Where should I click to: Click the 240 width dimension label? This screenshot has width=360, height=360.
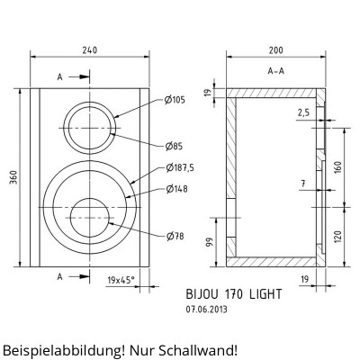(x=90, y=49)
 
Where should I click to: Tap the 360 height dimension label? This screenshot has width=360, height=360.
(x=14, y=177)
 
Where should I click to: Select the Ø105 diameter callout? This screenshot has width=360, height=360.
(x=175, y=100)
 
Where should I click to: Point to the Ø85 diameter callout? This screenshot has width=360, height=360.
(x=174, y=147)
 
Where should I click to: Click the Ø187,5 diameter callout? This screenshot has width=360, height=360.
(x=180, y=167)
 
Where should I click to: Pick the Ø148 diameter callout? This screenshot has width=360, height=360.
(x=176, y=189)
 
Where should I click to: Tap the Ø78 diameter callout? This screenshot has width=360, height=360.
(x=175, y=237)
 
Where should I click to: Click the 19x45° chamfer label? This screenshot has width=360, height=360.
(x=121, y=280)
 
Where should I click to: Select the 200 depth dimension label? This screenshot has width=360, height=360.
(x=275, y=50)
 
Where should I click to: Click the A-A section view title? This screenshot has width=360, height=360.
(x=275, y=71)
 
